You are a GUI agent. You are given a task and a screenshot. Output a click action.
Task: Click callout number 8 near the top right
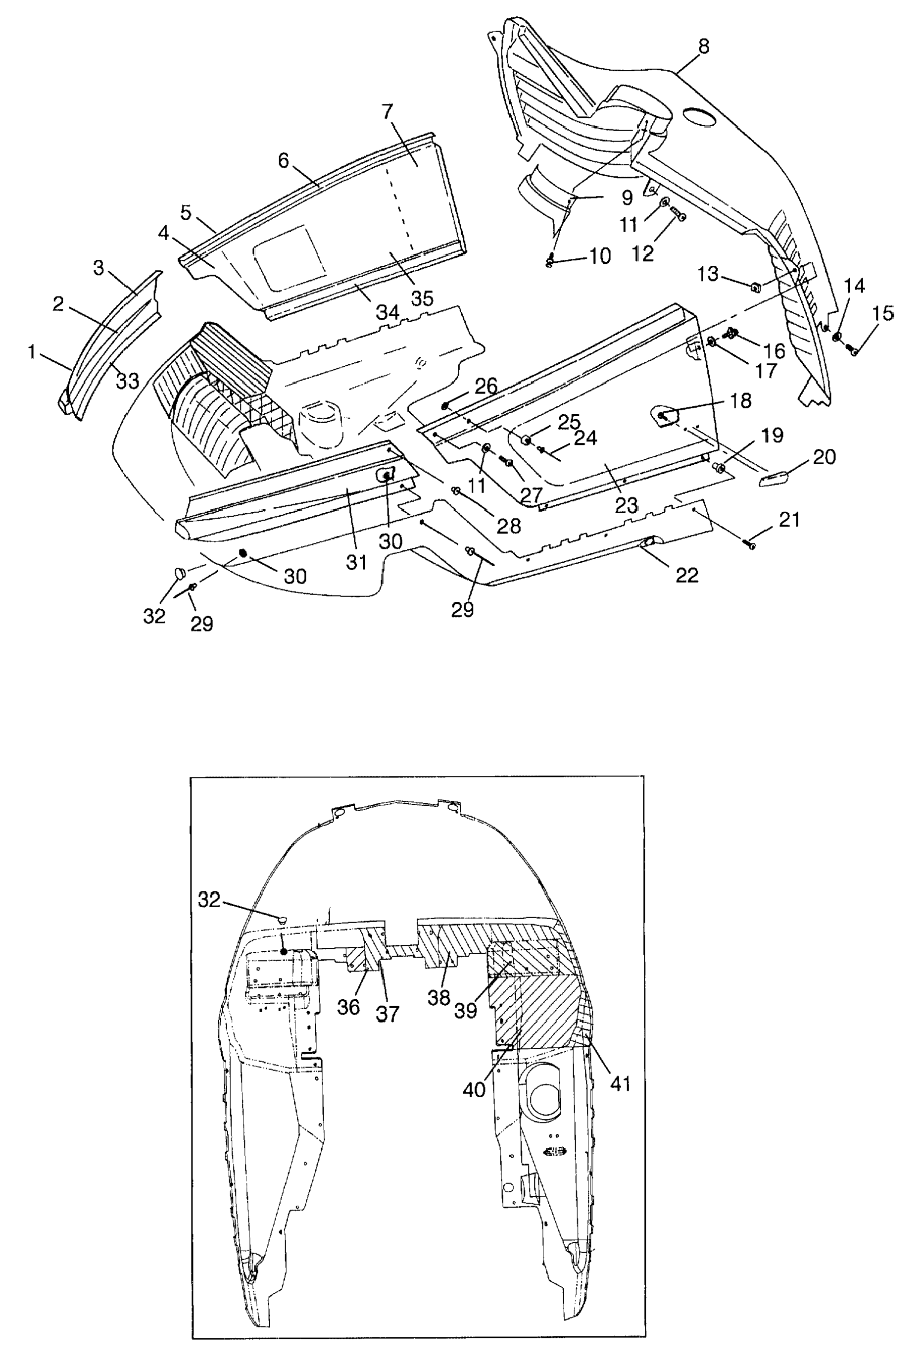coord(704,46)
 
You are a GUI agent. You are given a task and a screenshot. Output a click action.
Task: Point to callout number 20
coord(824,456)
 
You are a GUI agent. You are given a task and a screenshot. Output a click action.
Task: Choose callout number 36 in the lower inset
coord(348,1006)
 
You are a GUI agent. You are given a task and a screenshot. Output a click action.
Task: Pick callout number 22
coord(686,574)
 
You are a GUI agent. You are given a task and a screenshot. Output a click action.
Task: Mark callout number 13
coord(708,274)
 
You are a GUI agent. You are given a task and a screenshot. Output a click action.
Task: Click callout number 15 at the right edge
coord(882,313)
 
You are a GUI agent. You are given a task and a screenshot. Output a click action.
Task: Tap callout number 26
coord(486,387)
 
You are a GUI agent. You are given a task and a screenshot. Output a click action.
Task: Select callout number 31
coord(356,562)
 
